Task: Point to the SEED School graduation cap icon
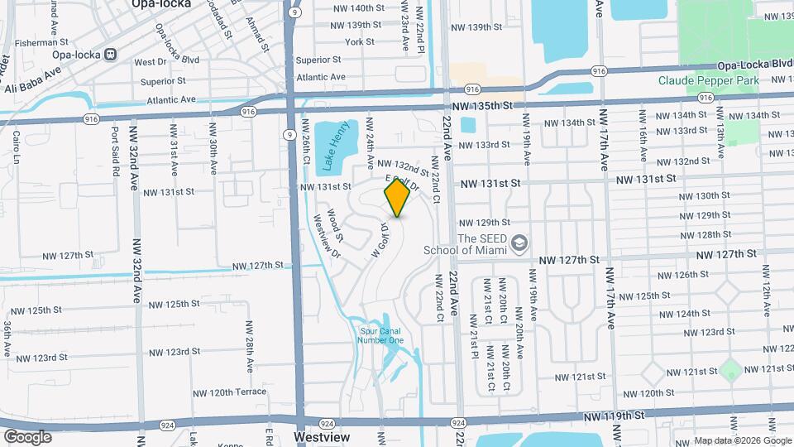[x=519, y=243]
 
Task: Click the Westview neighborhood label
[x=322, y=436]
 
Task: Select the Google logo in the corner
[x=26, y=436]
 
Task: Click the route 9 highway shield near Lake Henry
[x=289, y=134]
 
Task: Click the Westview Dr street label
[x=328, y=235]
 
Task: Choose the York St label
[x=360, y=41]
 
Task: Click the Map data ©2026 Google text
[x=742, y=440]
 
